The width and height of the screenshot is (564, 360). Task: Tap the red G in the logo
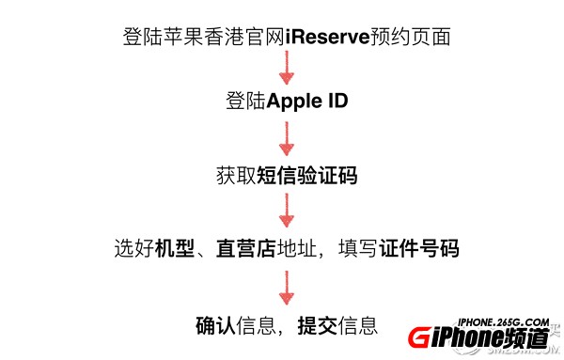420,340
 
